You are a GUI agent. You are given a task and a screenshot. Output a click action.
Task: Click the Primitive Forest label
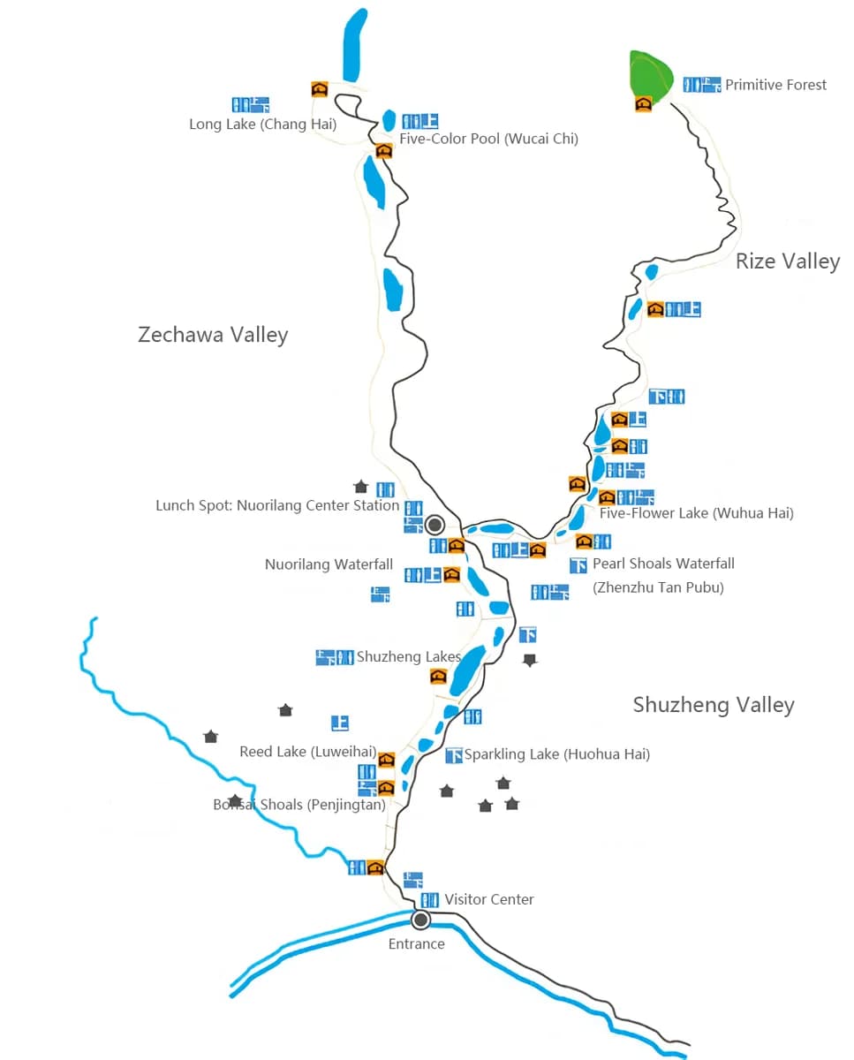[775, 85]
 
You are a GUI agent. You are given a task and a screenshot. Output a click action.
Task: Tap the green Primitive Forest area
[651, 74]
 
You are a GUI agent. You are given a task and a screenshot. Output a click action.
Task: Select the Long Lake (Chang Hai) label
[262, 125]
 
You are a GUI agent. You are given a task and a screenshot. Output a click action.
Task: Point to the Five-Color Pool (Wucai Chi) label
[488, 139]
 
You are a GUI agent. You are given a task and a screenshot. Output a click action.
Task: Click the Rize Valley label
[787, 261]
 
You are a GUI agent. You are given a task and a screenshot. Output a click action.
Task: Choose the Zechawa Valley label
[213, 335]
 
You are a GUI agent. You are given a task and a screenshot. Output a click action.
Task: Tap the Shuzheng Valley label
[714, 705]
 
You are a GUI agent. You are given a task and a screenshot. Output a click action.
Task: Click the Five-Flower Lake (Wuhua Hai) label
[696, 513]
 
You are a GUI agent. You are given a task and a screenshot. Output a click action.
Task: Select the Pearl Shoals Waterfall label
[663, 564]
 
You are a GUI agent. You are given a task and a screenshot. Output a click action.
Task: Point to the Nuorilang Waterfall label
[329, 564]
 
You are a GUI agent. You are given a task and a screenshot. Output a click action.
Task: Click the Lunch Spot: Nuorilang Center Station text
[277, 506]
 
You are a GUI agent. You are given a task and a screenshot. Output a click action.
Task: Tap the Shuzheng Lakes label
[408, 657]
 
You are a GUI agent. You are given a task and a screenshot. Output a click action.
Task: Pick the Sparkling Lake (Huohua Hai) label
[557, 754]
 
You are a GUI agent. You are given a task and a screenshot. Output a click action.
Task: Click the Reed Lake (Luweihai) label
[307, 752]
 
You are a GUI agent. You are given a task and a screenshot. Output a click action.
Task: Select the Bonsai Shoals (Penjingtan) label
[299, 805]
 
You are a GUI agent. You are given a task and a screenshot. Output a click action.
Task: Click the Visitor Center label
[489, 899]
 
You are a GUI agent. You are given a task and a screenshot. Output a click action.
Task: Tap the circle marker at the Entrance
[421, 920]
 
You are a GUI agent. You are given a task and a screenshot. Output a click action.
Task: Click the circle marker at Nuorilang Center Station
[435, 526]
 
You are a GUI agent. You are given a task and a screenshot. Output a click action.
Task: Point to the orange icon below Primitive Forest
[643, 104]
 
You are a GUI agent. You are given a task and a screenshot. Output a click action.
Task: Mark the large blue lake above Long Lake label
[354, 44]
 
